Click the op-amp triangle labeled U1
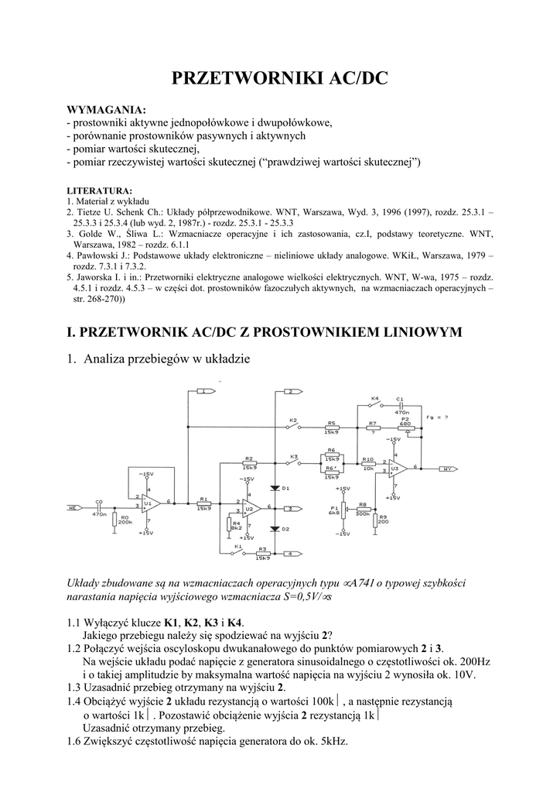150,503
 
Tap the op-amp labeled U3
396,469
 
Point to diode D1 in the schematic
275,488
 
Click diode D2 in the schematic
275,528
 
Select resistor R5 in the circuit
331,429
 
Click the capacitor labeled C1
400,406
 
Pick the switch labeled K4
375,404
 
